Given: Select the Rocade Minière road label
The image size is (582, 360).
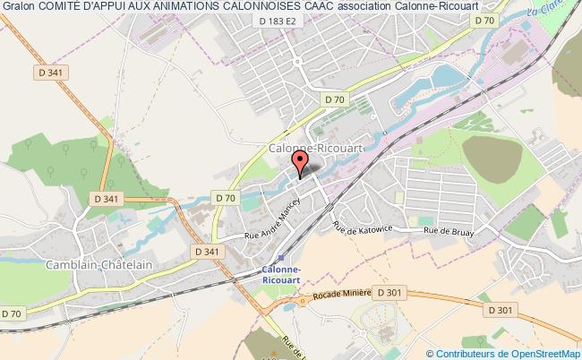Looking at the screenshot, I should click(341, 295).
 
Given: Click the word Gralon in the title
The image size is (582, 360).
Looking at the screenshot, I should click(20, 7).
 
